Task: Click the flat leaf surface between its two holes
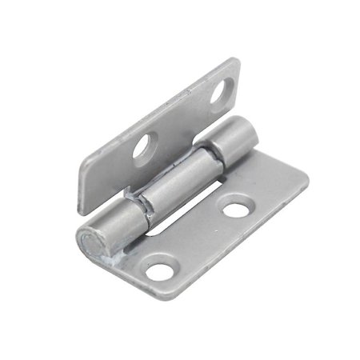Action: click(x=200, y=240)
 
